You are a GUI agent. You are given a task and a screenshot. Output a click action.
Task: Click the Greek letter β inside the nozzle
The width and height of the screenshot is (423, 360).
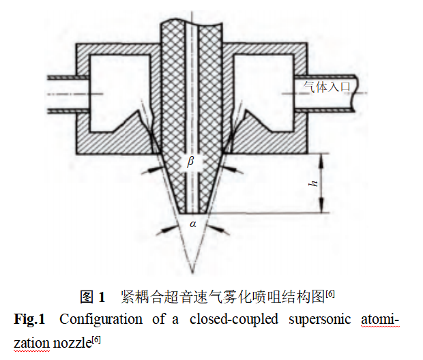[x=191, y=162]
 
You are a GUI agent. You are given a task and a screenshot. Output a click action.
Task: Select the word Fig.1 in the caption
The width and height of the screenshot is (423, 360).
[x=30, y=319]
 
